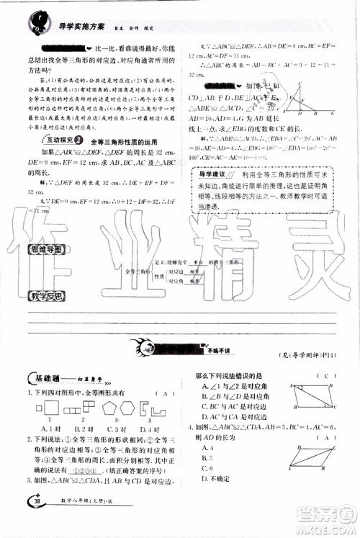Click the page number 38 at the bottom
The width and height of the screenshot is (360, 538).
click(33, 521)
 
